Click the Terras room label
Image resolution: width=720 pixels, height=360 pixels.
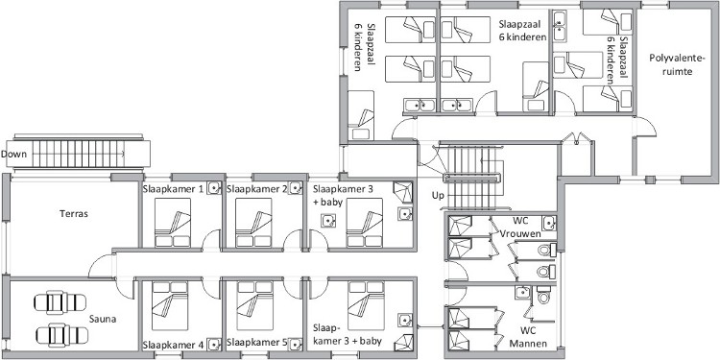pos(74,213)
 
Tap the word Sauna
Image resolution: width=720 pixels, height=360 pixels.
pos(103,319)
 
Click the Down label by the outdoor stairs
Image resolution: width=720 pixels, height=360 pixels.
pos(13,154)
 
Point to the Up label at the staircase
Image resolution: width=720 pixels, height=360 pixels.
pos(438,196)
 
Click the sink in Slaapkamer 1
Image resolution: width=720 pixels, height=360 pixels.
pos(214,188)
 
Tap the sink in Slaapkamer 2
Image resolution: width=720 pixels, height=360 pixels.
pos(296,188)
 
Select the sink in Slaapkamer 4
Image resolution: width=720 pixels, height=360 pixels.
pos(214,344)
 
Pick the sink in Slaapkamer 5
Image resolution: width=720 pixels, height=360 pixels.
pos(296,344)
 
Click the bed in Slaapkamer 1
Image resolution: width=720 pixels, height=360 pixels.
pos(173,223)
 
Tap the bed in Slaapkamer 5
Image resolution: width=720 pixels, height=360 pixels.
pos(254,305)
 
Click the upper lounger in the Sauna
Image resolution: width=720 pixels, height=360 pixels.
pos(60,302)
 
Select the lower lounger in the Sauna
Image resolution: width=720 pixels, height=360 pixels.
pos(61,335)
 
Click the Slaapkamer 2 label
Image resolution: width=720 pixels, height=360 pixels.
pos(257,189)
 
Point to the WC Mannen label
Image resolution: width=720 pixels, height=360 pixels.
pos(533,337)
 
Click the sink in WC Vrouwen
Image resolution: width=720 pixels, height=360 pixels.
pos(549,223)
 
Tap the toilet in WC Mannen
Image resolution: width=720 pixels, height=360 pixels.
pos(543,296)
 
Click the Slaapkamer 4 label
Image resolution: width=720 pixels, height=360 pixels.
pos(173,345)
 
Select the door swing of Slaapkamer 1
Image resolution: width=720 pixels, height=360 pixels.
pos(212,241)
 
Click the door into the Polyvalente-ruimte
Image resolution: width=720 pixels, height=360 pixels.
pos(645,127)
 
